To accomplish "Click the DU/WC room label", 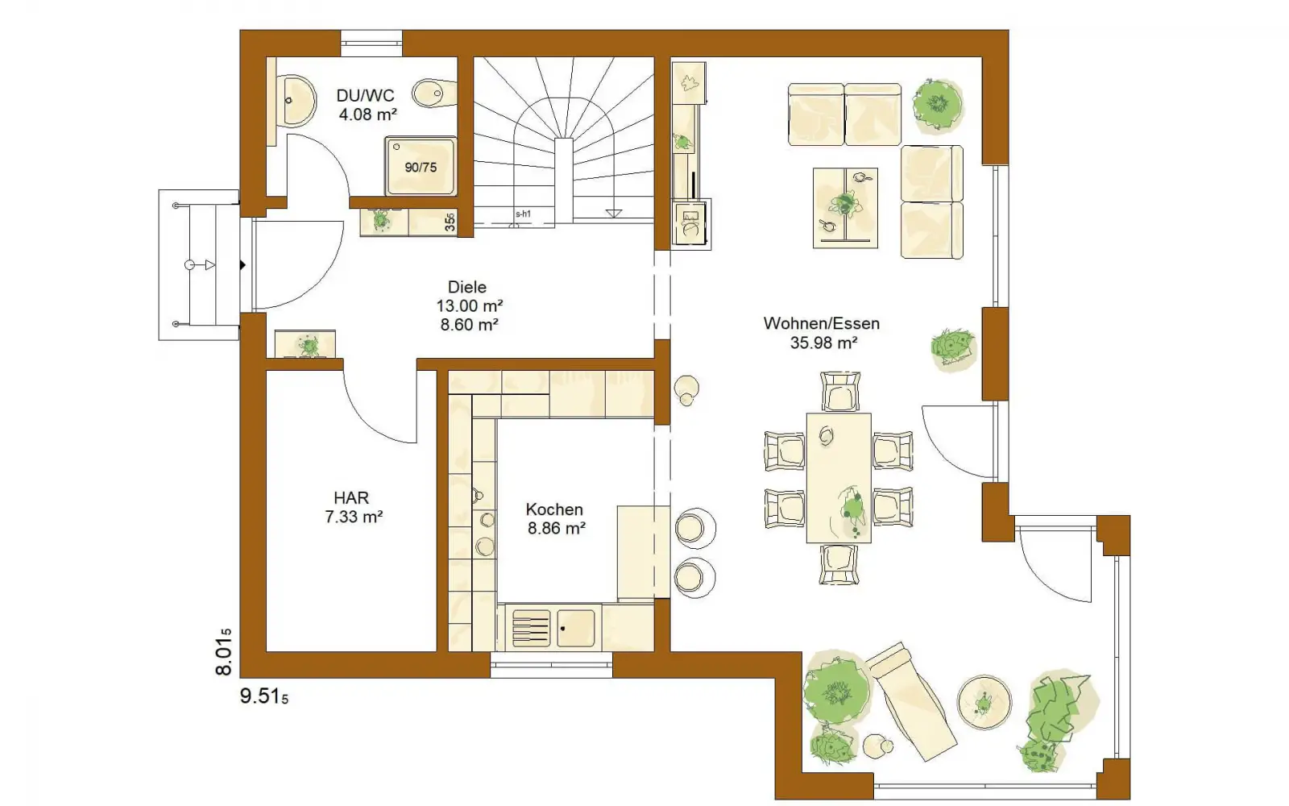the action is point(366,95).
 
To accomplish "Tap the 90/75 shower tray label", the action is point(421,168).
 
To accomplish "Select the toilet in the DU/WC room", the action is point(434,93).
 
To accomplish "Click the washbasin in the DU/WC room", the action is point(296,100).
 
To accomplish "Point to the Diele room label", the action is point(466,287).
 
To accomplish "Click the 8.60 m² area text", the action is point(470,325).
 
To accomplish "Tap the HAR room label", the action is point(351,497).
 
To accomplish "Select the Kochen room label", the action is point(554,509).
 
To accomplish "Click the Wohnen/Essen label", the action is point(822,323).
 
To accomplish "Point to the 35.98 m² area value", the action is point(824,343).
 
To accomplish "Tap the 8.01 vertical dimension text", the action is point(223,652).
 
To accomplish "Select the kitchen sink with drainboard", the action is point(553,628).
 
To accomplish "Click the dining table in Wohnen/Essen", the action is point(839,478).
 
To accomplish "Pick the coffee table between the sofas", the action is point(845,208).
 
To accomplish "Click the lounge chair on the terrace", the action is point(911,702).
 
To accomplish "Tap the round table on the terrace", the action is point(984,702).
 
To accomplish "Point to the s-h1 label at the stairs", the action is point(523,214).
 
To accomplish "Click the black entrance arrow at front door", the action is point(242,265).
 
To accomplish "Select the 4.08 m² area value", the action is point(367,114).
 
